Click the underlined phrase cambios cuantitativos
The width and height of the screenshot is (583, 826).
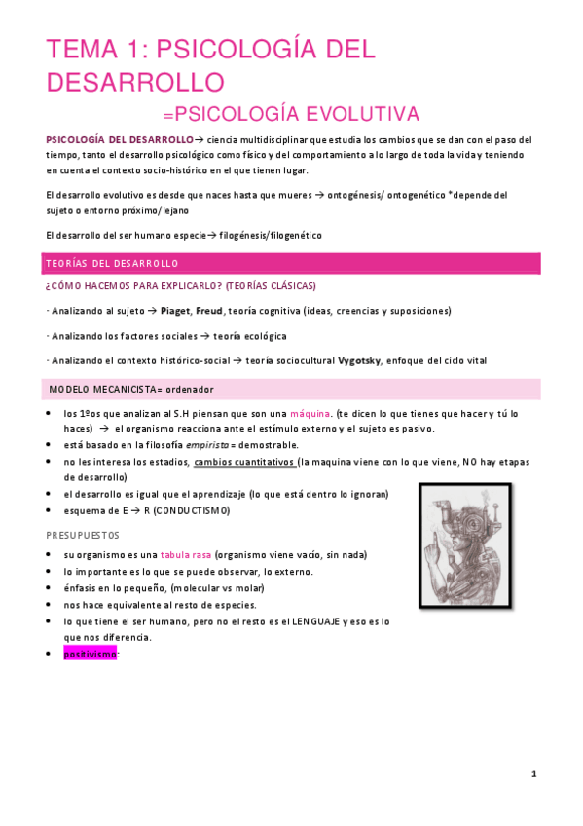click(x=245, y=462)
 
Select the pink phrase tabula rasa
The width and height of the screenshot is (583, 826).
click(x=186, y=554)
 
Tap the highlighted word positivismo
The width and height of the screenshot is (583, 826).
click(x=91, y=655)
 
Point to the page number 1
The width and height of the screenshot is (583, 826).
click(x=534, y=773)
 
